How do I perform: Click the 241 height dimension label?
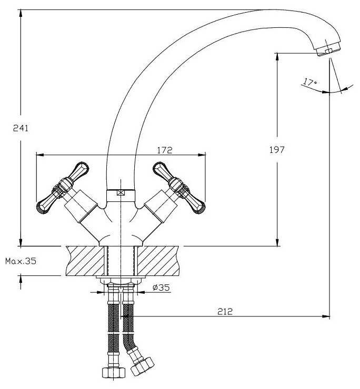coord(21,128)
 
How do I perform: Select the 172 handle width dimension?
coord(164,150)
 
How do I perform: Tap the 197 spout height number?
coord(277,150)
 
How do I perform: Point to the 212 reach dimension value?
coord(225,311)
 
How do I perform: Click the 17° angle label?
coord(309,81)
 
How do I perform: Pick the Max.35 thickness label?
coord(21,261)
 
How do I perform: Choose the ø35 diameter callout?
coord(161,288)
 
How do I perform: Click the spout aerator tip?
coord(328,50)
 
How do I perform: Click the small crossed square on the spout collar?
coord(121,193)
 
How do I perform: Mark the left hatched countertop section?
coord(85,261)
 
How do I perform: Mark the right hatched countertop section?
coord(158,261)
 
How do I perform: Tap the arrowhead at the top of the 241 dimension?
coord(21,13)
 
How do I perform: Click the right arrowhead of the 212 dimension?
coord(326,316)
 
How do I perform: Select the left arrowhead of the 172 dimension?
coord(40,155)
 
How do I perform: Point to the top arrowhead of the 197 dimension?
coord(277,57)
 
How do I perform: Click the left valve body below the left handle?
coord(81,206)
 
